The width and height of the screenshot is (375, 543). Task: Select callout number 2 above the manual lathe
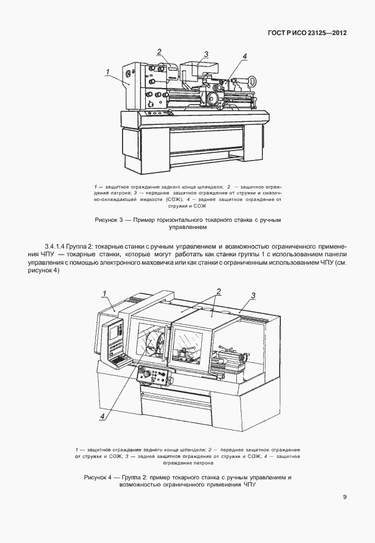(x=160, y=51)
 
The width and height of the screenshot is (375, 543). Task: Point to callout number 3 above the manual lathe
(x=205, y=54)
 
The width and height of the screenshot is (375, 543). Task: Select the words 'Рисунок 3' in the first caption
(x=108, y=220)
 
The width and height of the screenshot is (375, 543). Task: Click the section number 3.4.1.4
(x=58, y=246)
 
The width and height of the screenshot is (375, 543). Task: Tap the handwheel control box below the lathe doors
(x=155, y=376)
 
